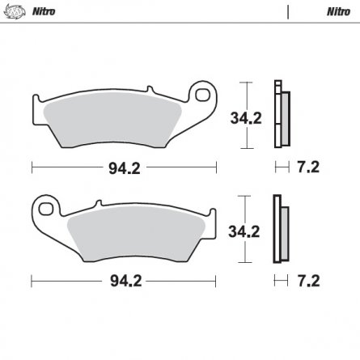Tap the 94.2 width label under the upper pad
coord(124,169)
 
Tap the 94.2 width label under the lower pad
coord(124,283)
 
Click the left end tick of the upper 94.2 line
coord(32,169)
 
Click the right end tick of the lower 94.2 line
coord(217,283)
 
